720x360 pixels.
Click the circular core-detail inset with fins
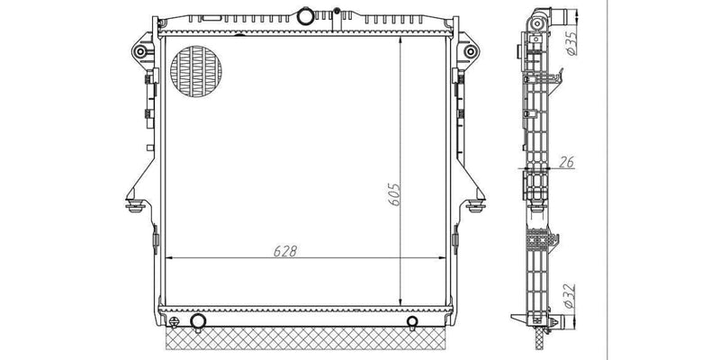click(x=195, y=68)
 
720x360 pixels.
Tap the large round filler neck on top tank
click(x=305, y=16)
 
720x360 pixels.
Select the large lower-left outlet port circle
click(x=198, y=322)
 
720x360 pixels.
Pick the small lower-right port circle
click(x=412, y=321)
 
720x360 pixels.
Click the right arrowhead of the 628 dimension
click(x=444, y=258)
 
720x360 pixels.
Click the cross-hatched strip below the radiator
click(x=306, y=340)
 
